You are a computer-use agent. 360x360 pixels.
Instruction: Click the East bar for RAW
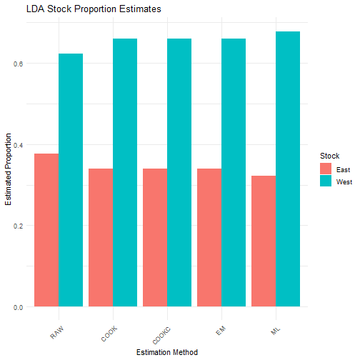click(x=46, y=230)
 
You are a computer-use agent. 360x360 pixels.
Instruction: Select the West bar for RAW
click(x=71, y=180)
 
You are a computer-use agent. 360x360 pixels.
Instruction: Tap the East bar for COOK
click(x=101, y=238)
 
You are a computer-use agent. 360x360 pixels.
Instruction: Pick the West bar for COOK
click(x=125, y=173)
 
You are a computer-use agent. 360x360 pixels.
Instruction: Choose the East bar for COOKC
click(x=155, y=238)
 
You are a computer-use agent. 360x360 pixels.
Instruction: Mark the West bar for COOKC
click(x=179, y=173)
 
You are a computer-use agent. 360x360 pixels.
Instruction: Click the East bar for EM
click(x=209, y=238)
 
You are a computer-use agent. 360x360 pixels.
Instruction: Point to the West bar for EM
click(x=234, y=173)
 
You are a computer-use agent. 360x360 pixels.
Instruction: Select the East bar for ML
click(x=264, y=241)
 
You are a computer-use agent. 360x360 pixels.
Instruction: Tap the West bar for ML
click(x=288, y=169)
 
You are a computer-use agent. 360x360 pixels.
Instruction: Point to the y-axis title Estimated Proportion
click(x=9, y=169)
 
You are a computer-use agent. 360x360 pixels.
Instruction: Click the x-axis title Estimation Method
click(x=167, y=351)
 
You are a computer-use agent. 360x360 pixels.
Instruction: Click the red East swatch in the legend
click(x=326, y=169)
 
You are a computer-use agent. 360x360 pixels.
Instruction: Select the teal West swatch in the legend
click(x=326, y=181)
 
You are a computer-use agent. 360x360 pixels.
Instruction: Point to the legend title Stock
click(x=329, y=155)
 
